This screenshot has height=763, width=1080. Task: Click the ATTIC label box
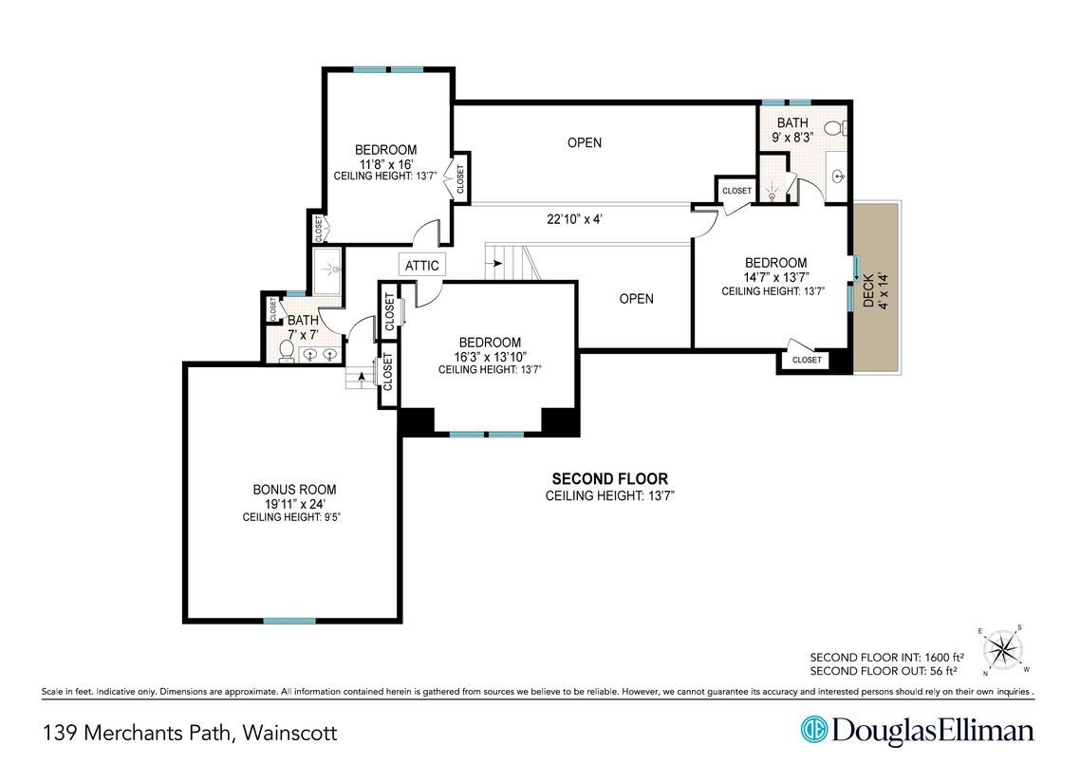point(422,265)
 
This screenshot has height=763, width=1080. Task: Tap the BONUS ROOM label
point(295,490)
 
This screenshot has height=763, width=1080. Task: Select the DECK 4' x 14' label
point(875,290)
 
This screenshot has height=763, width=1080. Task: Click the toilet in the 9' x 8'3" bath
point(835,128)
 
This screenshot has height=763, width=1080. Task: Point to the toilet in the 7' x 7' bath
point(286,350)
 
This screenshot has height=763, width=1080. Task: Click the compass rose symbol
point(1002,649)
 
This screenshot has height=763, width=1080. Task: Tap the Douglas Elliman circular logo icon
point(813,730)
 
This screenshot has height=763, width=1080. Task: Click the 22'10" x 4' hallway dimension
point(574,219)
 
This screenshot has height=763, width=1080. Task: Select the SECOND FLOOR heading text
point(609,478)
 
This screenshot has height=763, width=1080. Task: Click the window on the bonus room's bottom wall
point(289,621)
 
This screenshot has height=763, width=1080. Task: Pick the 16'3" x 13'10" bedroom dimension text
point(490,357)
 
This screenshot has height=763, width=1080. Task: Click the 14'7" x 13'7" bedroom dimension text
point(775,277)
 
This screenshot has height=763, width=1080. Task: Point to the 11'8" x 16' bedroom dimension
point(385,164)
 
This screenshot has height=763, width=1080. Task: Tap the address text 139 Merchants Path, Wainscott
point(190,732)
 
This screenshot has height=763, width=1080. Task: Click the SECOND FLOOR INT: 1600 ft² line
point(886,657)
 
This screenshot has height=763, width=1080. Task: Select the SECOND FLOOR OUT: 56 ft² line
point(883,671)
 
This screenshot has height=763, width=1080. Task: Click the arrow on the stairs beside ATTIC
point(493,263)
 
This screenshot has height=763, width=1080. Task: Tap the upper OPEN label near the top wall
point(584,142)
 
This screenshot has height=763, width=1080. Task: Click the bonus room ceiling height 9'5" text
point(292,517)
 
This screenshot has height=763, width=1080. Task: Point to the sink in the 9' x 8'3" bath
point(838,177)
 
